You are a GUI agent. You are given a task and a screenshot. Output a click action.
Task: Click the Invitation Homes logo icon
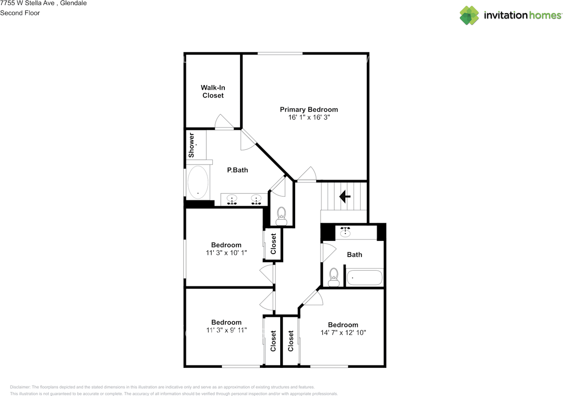[469, 15]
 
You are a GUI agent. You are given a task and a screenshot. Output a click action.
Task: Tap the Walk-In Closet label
[213, 91]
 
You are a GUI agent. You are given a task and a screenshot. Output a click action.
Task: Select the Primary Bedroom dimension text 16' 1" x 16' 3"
[309, 117]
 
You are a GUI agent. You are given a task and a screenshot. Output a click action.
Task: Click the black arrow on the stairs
[344, 196]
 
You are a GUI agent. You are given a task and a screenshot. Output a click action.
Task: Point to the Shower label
[191, 145]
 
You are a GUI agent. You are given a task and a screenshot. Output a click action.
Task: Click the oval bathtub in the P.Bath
[198, 182]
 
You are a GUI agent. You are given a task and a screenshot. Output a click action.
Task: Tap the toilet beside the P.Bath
[281, 215]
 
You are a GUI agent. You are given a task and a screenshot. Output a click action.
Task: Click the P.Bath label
[238, 170]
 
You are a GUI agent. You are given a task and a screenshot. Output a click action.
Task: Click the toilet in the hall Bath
[333, 277]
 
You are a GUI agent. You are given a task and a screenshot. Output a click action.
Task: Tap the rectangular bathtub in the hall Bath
[365, 277]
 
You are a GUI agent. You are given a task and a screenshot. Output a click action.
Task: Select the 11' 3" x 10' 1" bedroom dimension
[226, 253]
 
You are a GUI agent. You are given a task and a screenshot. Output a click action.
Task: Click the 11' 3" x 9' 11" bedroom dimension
[226, 330]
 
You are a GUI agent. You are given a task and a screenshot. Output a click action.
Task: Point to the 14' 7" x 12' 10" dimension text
[343, 333]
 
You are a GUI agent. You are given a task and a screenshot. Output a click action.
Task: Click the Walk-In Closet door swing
[223, 122]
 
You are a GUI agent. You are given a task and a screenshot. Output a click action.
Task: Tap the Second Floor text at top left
[20, 13]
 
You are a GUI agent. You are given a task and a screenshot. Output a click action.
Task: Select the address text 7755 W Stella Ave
[27, 3]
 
